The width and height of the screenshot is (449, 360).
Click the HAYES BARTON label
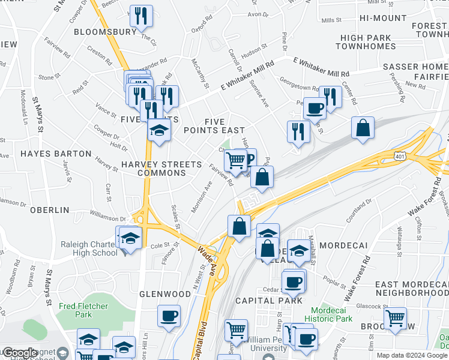tap(55, 154)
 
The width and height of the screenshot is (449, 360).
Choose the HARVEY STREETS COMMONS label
tap(154, 169)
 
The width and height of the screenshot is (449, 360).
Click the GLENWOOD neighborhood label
tap(164, 293)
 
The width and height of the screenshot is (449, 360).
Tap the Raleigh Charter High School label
tap(89, 248)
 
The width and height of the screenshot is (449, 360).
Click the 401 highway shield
tap(399, 156)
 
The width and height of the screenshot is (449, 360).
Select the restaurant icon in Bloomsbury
tap(141, 16)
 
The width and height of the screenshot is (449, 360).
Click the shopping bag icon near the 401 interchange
tap(363, 128)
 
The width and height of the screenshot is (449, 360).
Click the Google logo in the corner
tap(19, 352)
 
